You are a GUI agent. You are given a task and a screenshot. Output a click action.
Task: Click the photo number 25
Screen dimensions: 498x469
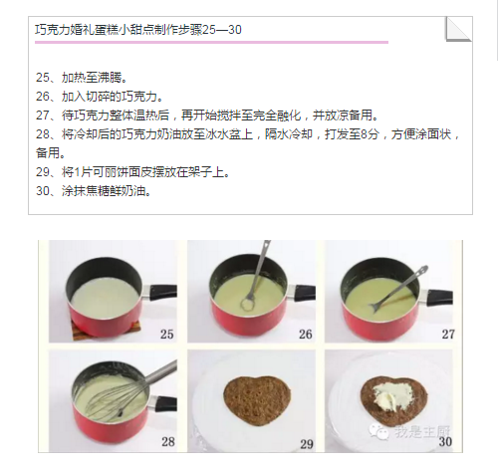click(x=167, y=334)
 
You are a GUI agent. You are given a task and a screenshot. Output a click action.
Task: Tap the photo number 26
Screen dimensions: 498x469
click(x=306, y=334)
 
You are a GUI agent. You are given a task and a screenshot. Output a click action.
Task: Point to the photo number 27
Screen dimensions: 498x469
click(x=448, y=334)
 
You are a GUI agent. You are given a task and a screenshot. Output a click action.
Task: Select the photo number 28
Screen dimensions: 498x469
click(x=168, y=442)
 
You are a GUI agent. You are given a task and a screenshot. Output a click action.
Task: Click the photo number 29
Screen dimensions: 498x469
click(x=307, y=444)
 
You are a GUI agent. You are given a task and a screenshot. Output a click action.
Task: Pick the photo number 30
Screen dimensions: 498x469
click(x=445, y=442)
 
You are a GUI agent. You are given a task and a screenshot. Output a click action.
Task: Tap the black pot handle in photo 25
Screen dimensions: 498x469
click(x=162, y=293)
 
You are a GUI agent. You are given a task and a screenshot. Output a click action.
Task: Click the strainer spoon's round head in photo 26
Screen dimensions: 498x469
click(x=247, y=304)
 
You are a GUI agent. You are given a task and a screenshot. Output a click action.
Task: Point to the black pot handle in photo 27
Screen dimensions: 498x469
click(x=439, y=298)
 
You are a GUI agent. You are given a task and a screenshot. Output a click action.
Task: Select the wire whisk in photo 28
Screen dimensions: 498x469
click(x=132, y=391)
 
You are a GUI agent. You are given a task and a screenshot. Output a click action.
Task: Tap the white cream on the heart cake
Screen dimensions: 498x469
click(x=391, y=395)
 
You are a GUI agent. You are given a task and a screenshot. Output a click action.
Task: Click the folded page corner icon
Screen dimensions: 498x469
click(x=458, y=29)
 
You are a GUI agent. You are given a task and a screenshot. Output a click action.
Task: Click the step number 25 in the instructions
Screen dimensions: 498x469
click(x=43, y=78)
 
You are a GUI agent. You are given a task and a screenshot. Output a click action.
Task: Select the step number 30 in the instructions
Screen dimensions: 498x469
click(x=43, y=191)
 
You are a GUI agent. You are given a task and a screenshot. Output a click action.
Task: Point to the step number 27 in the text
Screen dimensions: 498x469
click(x=43, y=116)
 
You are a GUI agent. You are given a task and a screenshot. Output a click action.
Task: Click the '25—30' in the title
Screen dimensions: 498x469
click(x=222, y=30)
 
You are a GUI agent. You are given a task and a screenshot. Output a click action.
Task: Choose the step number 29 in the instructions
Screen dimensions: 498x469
click(x=43, y=172)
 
